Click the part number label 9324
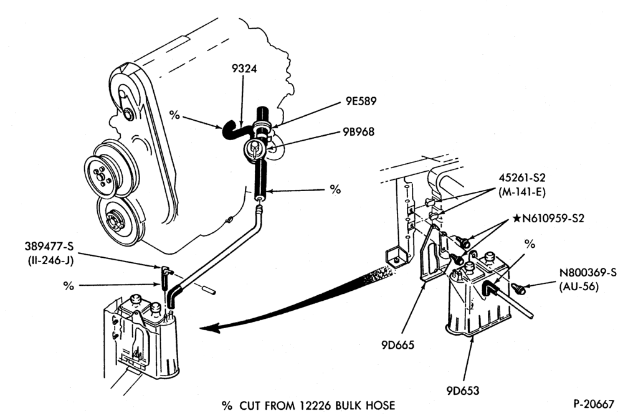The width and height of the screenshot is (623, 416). [244, 69]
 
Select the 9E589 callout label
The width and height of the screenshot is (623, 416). [361, 102]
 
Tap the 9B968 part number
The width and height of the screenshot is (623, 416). [358, 131]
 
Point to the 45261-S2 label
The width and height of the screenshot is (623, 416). [522, 178]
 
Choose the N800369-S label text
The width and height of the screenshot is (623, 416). [588, 273]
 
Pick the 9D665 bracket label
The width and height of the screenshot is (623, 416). [397, 345]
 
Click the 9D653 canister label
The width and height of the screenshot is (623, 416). [463, 390]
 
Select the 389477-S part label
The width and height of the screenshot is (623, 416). [49, 247]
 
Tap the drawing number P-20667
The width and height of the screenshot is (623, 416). [594, 404]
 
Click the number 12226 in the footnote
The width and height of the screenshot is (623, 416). [317, 405]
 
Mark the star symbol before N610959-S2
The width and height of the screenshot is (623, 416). [516, 218]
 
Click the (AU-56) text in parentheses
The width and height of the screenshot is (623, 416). [579, 286]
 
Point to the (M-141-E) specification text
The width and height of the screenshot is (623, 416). [522, 192]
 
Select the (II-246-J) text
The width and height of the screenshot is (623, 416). [50, 261]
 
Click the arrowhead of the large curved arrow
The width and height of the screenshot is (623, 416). [210, 328]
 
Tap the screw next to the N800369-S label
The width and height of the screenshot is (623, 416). [518, 288]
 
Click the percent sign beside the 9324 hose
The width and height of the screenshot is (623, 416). [174, 115]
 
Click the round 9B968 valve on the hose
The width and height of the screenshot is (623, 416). [254, 149]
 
